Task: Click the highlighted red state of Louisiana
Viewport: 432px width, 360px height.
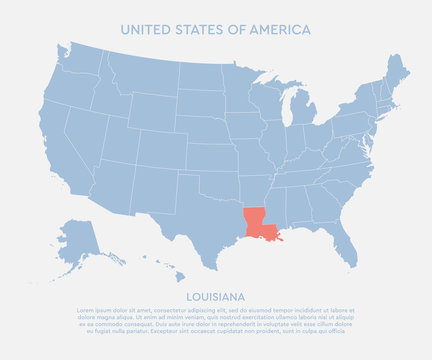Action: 256,223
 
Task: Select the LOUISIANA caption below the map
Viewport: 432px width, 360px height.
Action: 215,297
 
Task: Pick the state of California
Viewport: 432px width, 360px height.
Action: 75,150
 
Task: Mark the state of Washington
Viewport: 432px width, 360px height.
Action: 84,58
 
